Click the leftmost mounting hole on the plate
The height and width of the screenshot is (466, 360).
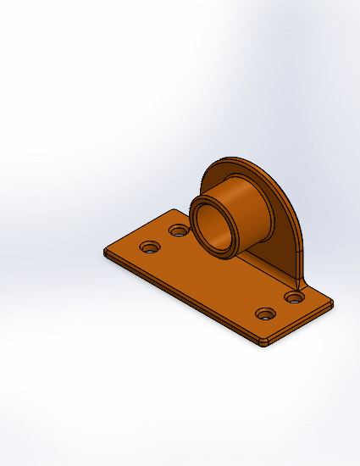[x=150, y=247]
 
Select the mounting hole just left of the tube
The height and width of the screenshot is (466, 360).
[x=179, y=230]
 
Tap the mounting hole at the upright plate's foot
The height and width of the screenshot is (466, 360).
[x=294, y=297]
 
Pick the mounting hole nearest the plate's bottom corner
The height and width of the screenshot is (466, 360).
[x=266, y=314]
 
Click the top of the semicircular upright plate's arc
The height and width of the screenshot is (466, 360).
[x=230, y=158]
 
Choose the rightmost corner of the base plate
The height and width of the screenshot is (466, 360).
[x=331, y=302]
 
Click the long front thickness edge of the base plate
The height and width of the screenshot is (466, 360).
[x=178, y=301]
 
